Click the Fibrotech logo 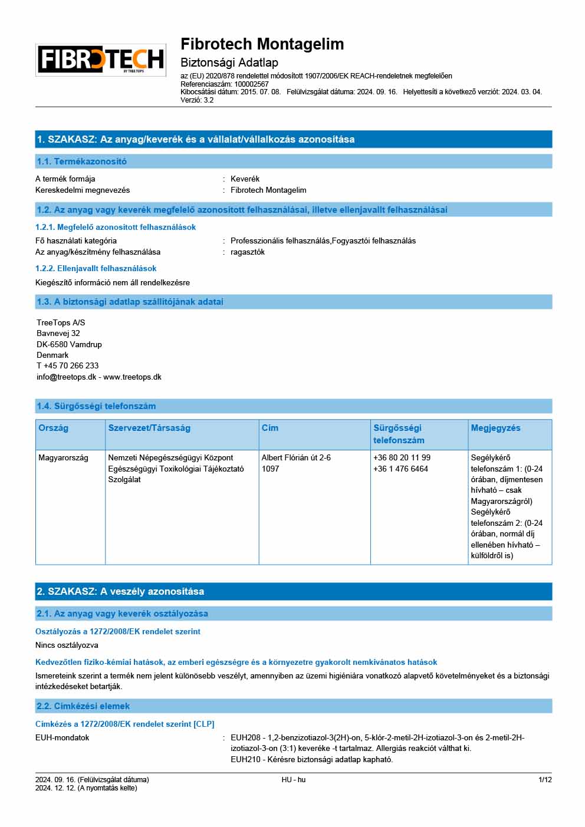tap(101, 60)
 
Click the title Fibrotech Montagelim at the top tap(262, 44)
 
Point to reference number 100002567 tap(251, 84)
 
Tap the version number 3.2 tap(208, 100)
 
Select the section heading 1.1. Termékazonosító tap(81, 162)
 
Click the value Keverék tap(245, 179)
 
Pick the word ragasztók tap(247, 252)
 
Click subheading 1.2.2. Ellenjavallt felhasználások tap(96, 268)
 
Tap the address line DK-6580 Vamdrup tap(69, 344)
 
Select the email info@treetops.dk tap(66, 377)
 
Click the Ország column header tap(53, 428)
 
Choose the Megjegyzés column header tap(495, 428)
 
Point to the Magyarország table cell tap(63, 457)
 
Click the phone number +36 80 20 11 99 tap(402, 457)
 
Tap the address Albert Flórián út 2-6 tap(296, 457)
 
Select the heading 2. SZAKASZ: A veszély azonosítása tap(120, 591)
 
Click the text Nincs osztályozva tap(67, 645)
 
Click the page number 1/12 tap(545, 780)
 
